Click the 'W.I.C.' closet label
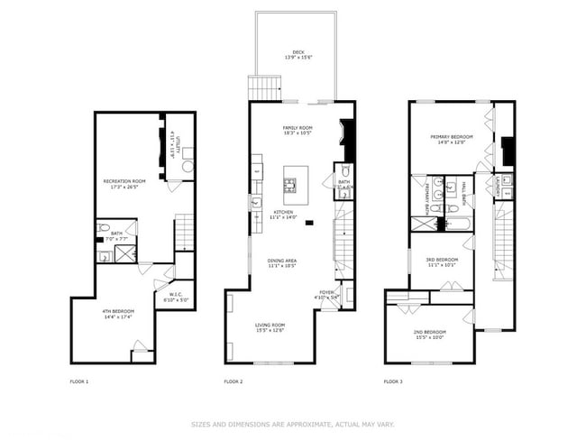click(177, 293)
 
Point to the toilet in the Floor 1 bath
click(104, 227)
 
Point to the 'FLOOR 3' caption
click(394, 381)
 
